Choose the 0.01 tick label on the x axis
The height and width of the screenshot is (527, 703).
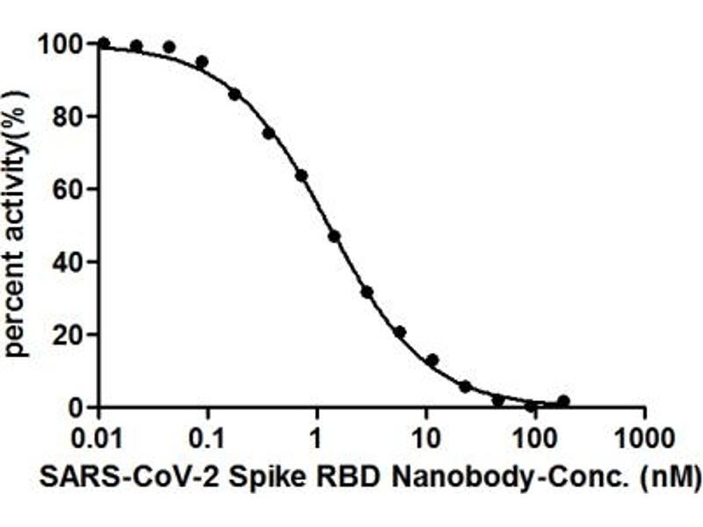(x=98, y=437)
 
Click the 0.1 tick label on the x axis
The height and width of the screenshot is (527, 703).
(x=207, y=437)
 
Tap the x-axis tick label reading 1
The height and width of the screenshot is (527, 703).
(x=316, y=437)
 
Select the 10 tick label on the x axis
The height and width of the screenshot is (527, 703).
(x=425, y=437)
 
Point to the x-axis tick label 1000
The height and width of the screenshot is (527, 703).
(x=644, y=437)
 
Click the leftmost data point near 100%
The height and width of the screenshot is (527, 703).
(x=104, y=43)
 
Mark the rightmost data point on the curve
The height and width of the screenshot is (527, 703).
(x=563, y=401)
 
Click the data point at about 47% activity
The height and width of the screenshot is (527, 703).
(x=334, y=236)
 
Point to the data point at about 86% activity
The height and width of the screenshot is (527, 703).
(x=235, y=94)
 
